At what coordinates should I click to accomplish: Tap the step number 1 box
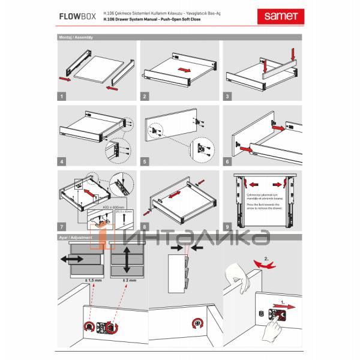(62, 95)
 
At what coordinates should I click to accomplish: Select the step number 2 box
(145, 95)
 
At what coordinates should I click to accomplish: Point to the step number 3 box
(227, 95)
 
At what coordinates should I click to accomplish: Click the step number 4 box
(62, 161)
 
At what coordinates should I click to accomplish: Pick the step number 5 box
(145, 161)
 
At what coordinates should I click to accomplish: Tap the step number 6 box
(227, 161)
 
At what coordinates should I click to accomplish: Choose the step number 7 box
(62, 227)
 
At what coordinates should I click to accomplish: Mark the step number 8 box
(145, 227)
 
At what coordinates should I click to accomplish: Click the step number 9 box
(227, 227)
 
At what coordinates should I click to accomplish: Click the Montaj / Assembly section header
(76, 37)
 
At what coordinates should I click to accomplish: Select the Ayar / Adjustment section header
(76, 238)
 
